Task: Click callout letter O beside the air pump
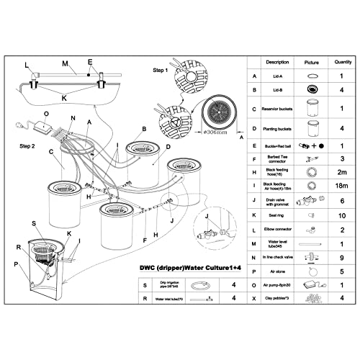47,113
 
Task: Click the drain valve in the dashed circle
207,234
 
